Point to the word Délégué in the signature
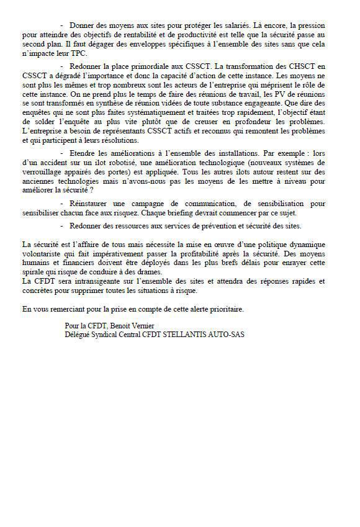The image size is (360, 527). pyautogui.click(x=78, y=335)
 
